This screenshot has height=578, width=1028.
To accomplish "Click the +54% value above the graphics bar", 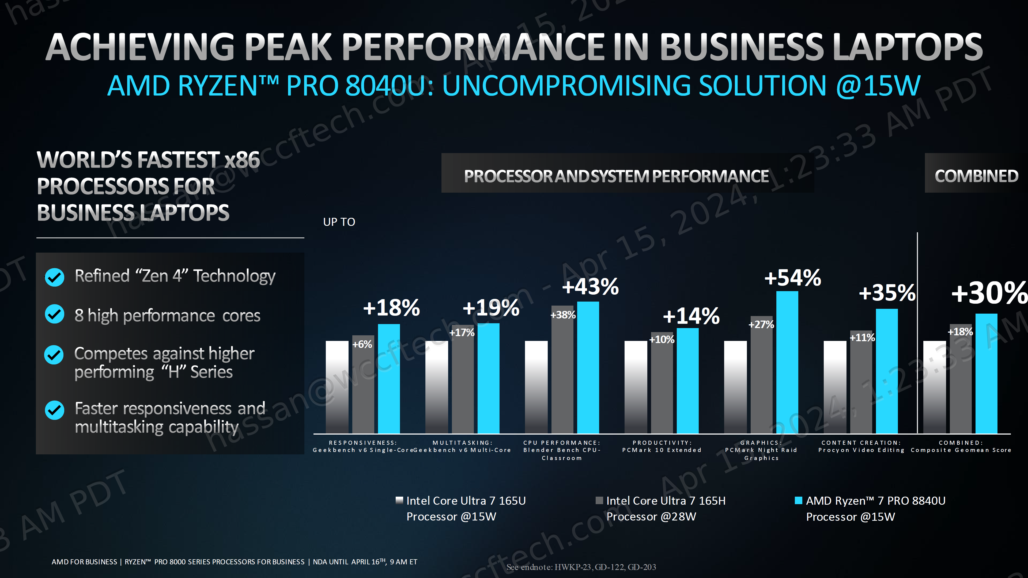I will pyautogui.click(x=792, y=278).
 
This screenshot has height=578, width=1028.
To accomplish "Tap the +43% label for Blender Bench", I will pyautogui.click(x=590, y=286).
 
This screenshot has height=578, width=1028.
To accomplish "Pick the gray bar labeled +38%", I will pyautogui.click(x=562, y=371).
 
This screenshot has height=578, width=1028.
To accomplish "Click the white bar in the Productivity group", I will pyautogui.click(x=636, y=387).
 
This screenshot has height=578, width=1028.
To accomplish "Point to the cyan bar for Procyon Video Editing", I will pyautogui.click(x=887, y=371).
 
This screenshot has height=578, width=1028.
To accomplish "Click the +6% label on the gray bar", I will pyautogui.click(x=362, y=344).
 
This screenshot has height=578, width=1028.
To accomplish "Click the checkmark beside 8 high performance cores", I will pyautogui.click(x=55, y=314).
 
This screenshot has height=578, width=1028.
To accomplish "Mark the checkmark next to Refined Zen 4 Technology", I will pyautogui.click(x=55, y=277).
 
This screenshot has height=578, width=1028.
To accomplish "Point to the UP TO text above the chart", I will pyautogui.click(x=339, y=222).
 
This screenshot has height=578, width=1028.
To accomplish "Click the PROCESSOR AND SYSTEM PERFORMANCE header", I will pyautogui.click(x=616, y=176).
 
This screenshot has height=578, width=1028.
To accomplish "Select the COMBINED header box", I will pyautogui.click(x=976, y=176).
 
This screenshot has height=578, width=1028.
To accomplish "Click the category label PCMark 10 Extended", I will pyautogui.click(x=662, y=450).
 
